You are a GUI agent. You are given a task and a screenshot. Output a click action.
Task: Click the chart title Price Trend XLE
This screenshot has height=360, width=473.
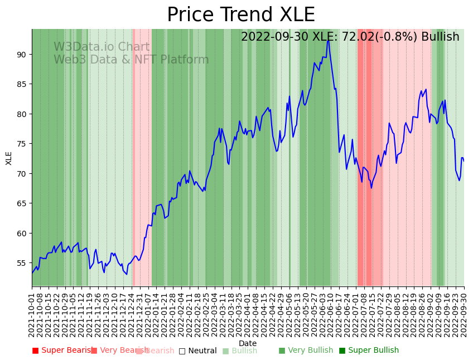241,15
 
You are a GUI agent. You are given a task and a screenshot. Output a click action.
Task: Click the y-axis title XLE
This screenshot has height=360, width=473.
9,158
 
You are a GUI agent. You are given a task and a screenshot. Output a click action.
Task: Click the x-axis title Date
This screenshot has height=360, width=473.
248,344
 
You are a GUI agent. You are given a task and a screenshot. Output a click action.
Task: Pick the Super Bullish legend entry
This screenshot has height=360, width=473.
369,351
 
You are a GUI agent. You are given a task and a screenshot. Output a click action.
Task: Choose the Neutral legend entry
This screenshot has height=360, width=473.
198,351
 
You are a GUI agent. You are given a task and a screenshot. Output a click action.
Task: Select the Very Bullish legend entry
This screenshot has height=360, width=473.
306,351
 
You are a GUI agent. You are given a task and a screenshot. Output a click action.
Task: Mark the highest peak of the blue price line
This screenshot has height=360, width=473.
328,40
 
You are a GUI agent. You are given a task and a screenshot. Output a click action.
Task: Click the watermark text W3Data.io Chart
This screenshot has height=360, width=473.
102,47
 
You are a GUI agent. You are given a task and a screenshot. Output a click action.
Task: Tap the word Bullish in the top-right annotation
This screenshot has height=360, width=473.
440,37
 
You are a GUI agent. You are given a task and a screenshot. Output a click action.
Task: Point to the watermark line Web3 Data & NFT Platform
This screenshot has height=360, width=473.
131,60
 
